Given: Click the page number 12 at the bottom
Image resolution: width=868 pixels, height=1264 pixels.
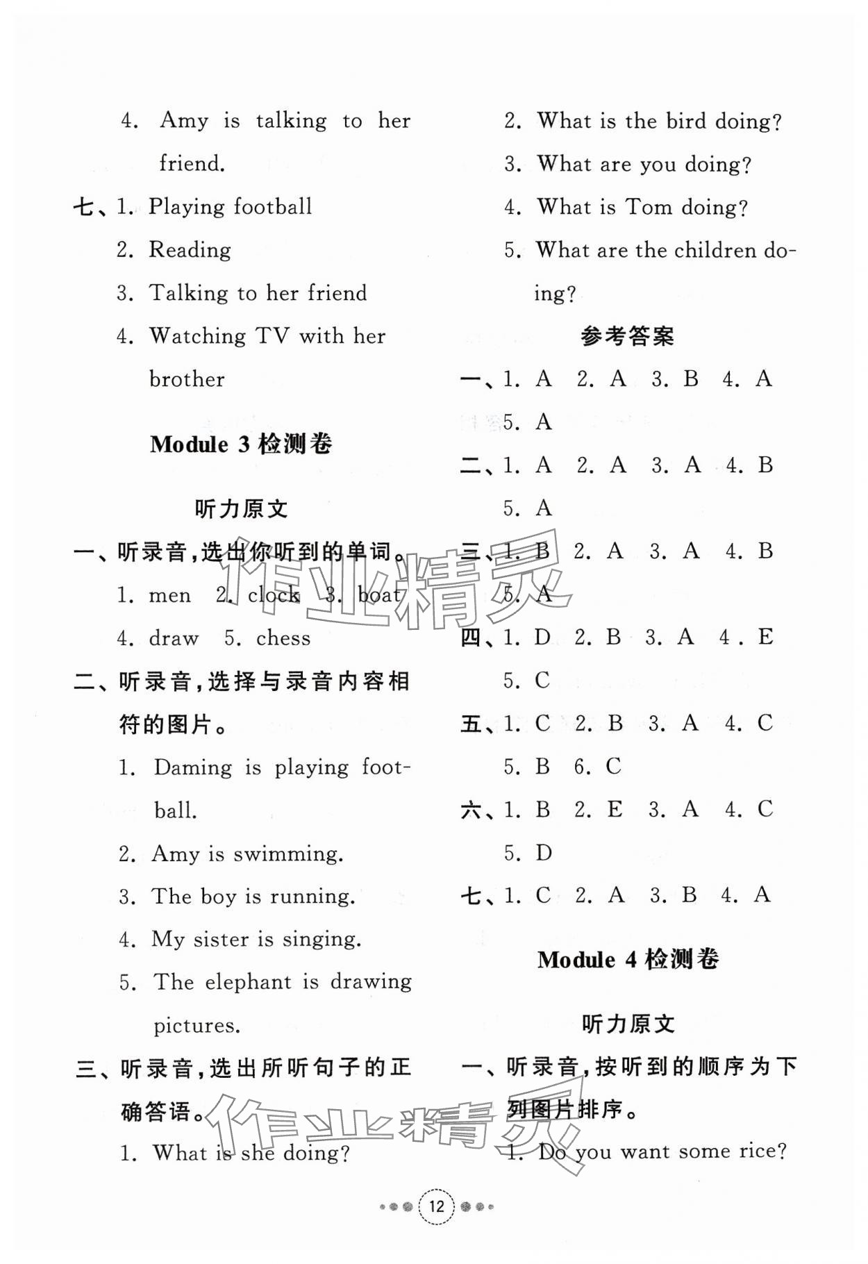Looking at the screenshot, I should pyautogui.click(x=436, y=1206).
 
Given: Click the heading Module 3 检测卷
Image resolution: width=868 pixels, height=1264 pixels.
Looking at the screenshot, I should pyautogui.click(x=241, y=444).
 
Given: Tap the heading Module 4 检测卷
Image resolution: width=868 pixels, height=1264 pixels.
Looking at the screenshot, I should pyautogui.click(x=628, y=960).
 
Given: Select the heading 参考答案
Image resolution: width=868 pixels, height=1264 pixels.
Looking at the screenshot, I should pyautogui.click(x=627, y=337).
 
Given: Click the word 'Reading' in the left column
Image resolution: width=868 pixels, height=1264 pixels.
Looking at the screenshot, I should pyautogui.click(x=190, y=250).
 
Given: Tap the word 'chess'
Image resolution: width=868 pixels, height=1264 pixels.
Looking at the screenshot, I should pyautogui.click(x=283, y=638).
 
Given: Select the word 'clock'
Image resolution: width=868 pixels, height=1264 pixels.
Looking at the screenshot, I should pyautogui.click(x=274, y=595).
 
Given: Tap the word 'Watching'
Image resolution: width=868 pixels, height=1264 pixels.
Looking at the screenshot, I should pyautogui.click(x=198, y=337).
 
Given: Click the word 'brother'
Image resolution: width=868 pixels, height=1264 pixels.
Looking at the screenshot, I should pyautogui.click(x=187, y=380).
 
